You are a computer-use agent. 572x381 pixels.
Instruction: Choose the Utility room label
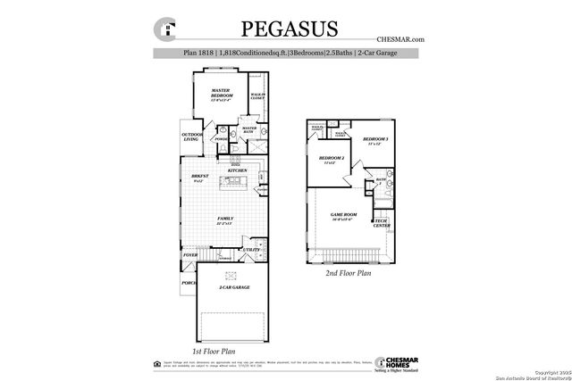pos(251,250)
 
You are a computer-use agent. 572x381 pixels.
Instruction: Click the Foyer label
pos(190,255)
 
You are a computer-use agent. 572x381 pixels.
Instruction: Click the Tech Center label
pos(380,223)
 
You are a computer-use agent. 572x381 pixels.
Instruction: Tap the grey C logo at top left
pos(165,29)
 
